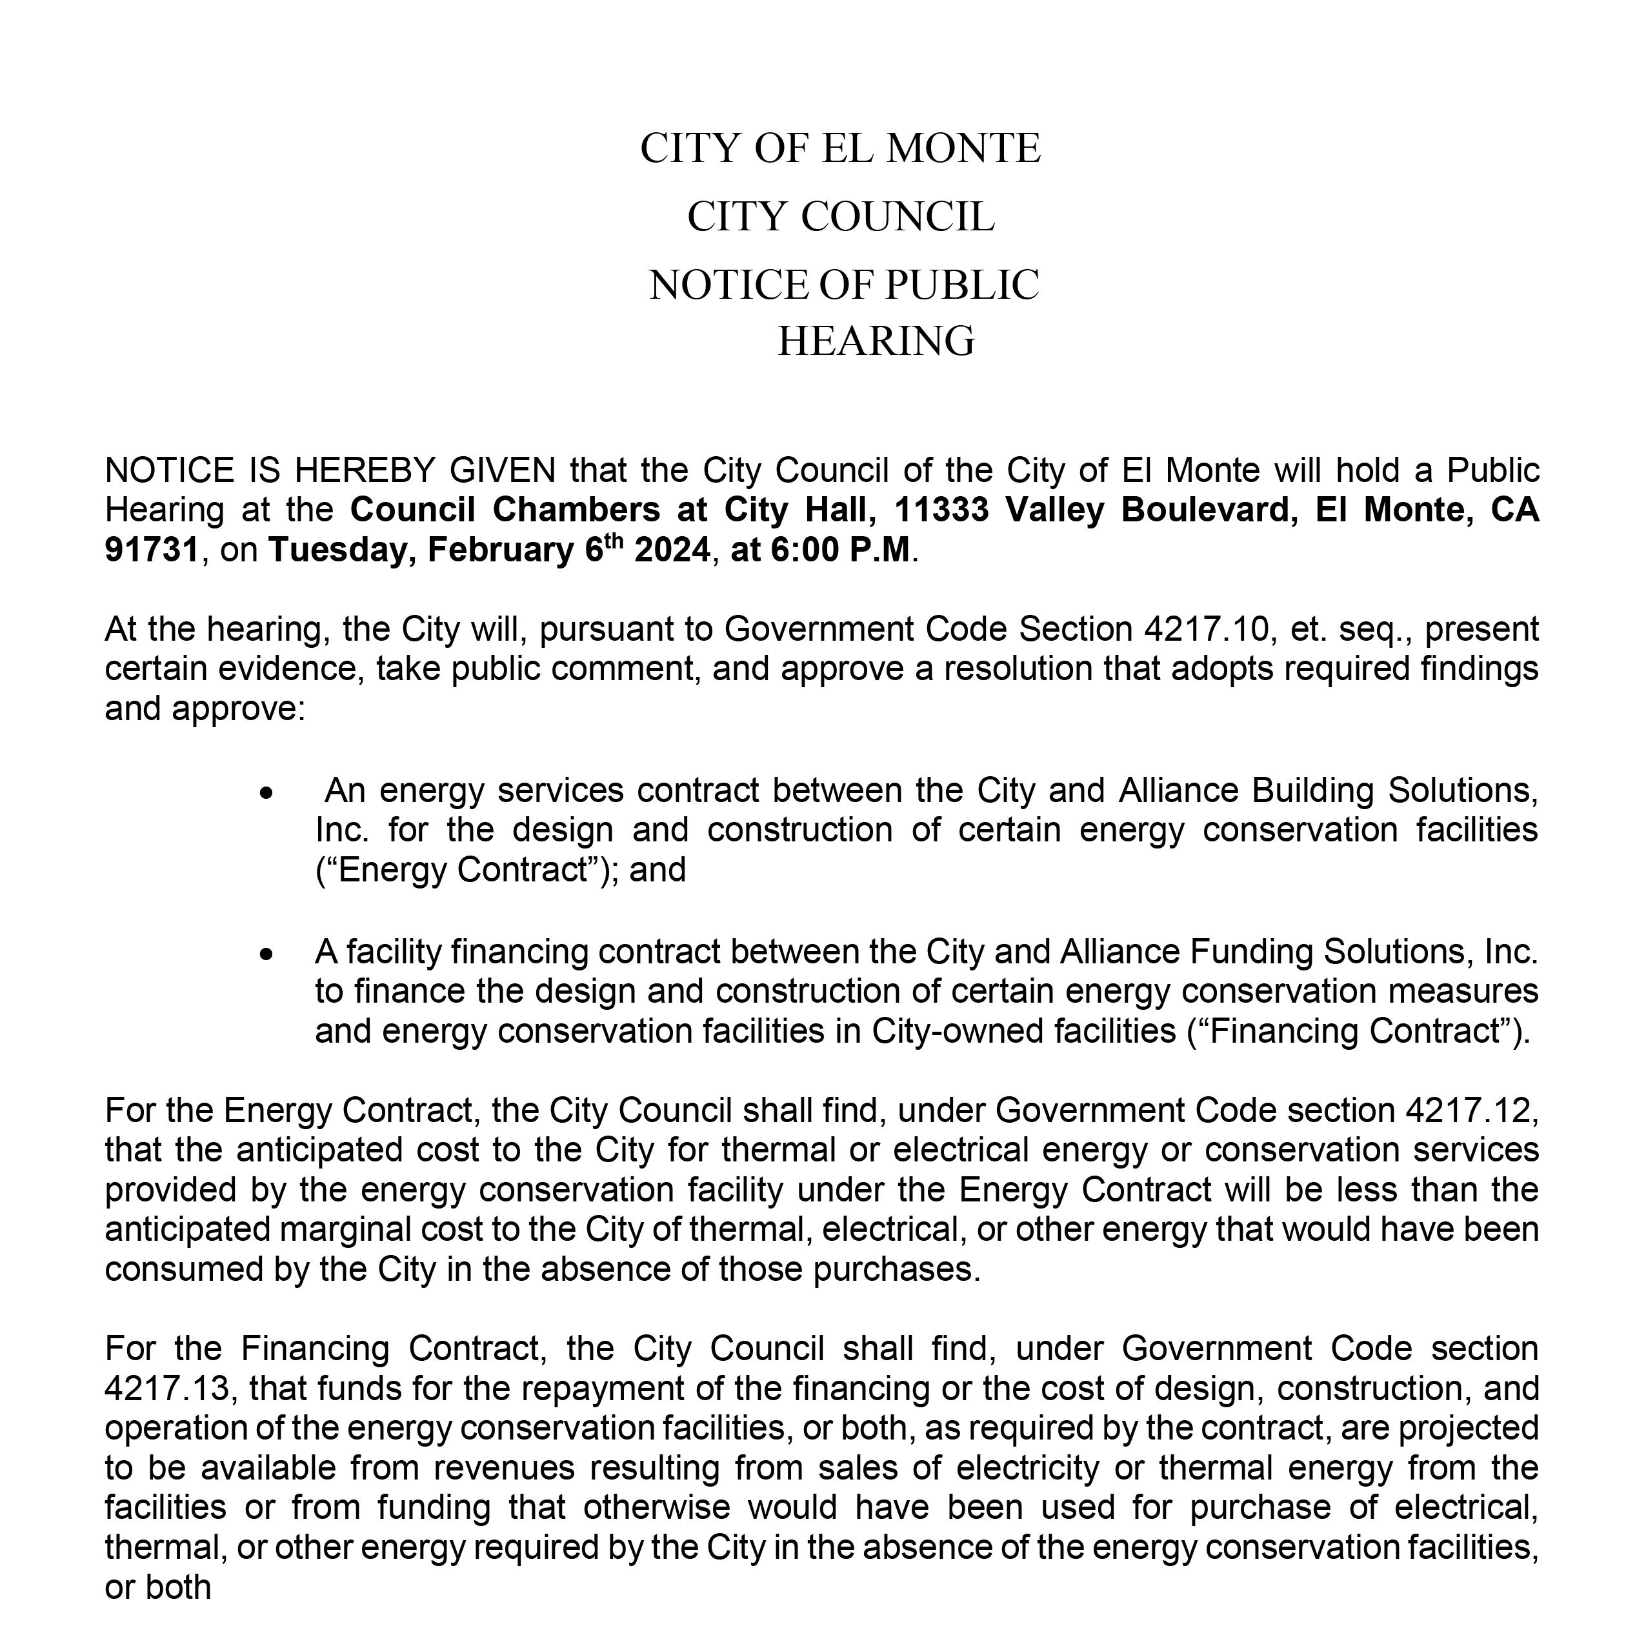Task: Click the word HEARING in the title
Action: (x=876, y=341)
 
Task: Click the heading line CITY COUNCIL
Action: (x=841, y=217)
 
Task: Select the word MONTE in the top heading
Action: (x=963, y=149)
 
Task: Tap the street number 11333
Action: (x=941, y=510)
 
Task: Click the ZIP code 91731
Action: (x=152, y=550)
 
